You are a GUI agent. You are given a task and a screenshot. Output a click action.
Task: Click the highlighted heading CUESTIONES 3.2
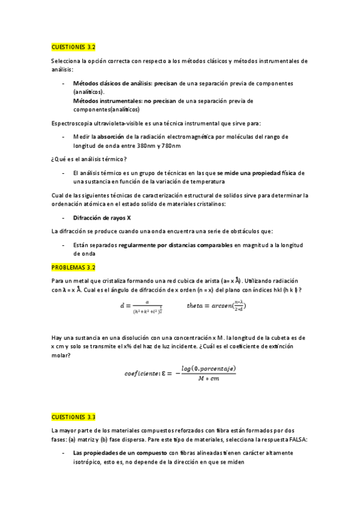[x=73, y=46]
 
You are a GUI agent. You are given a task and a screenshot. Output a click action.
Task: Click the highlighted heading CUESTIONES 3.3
[x=73, y=416]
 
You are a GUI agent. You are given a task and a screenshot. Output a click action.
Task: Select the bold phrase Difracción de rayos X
[x=102, y=218]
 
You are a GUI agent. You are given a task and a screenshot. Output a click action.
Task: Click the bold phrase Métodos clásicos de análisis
[x=112, y=83]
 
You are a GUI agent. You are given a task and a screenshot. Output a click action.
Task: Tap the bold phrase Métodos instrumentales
[x=108, y=101]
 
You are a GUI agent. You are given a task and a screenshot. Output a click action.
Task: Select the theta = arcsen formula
[x=216, y=305]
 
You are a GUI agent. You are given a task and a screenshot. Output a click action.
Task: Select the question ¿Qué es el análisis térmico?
[x=89, y=159]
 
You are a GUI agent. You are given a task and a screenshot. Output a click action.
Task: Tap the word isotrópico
[x=91, y=462]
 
